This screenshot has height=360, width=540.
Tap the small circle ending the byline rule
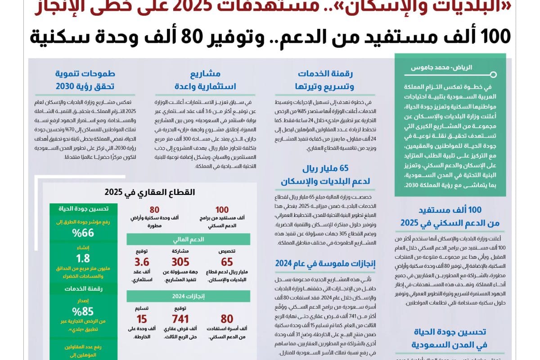(493, 75)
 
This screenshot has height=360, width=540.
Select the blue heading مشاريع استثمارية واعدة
(205, 80)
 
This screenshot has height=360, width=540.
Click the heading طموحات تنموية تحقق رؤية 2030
(85, 80)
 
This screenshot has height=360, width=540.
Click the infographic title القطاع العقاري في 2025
(150, 192)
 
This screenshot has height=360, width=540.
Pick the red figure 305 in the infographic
(180, 262)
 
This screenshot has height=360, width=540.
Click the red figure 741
(180, 319)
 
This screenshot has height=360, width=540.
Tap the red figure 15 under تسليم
(142, 319)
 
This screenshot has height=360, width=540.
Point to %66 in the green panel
(83, 233)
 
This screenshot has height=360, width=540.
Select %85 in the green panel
(83, 311)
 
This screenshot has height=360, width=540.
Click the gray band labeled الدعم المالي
(188, 239)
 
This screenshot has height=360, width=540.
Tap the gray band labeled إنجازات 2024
(188, 296)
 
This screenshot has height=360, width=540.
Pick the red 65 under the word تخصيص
(227, 262)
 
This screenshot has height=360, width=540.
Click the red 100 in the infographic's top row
(222, 210)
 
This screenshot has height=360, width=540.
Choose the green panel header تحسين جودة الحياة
(83, 208)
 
